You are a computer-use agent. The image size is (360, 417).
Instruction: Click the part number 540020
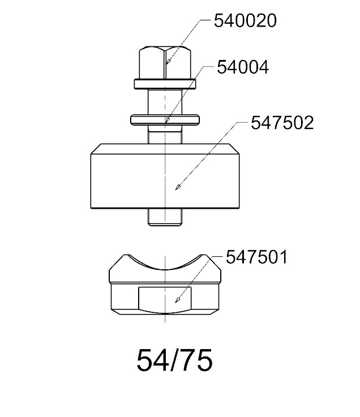pyautogui.click(x=245, y=21)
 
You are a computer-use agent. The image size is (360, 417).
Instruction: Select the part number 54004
pyautogui.click(x=243, y=67)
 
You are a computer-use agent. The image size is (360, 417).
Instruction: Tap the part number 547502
pyautogui.click(x=282, y=123)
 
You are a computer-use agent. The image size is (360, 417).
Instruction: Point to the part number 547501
pyautogui.click(x=257, y=257)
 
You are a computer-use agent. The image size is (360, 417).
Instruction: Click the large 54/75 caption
pyautogui.click(x=174, y=360)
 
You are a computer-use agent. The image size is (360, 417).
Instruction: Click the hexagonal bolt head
pyautogui.click(x=165, y=62)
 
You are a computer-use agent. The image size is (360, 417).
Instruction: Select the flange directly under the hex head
pyautogui.click(x=165, y=84)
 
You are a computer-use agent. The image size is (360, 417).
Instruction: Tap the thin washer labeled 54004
pyautogui.click(x=165, y=119)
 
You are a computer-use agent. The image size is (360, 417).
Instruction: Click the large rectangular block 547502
pyautogui.click(x=165, y=176)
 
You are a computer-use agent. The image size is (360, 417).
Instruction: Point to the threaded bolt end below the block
pyautogui.click(x=165, y=217)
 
